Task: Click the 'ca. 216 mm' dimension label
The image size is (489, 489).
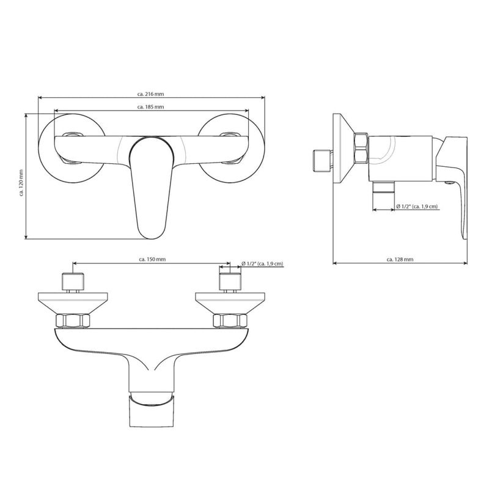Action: (150, 94)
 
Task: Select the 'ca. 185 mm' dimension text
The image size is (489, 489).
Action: (150, 107)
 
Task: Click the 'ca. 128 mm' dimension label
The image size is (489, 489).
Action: (400, 260)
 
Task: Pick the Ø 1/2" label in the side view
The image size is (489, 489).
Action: (417, 207)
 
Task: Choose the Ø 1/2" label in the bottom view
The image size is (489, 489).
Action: (262, 264)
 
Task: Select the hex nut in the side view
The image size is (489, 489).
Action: (362, 149)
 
